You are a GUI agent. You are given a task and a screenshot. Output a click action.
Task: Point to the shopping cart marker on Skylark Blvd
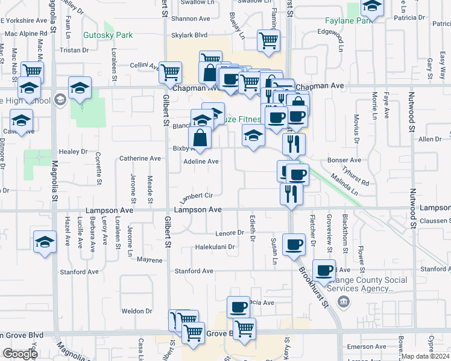click(268, 41)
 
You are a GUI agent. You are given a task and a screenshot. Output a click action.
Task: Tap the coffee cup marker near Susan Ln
click(294, 244)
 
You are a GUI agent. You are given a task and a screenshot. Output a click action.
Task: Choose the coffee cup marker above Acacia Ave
click(238, 307)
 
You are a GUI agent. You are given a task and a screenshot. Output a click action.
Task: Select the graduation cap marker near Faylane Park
click(372, 7)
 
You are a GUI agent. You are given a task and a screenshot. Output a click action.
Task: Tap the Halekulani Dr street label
click(214, 247)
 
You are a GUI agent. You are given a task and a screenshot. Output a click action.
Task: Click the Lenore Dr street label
click(229, 233)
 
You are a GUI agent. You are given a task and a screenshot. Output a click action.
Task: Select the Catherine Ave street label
click(140, 158)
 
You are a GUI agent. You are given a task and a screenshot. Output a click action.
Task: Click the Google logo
click(19, 354)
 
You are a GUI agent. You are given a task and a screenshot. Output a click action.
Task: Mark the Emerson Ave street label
click(366, 347)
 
